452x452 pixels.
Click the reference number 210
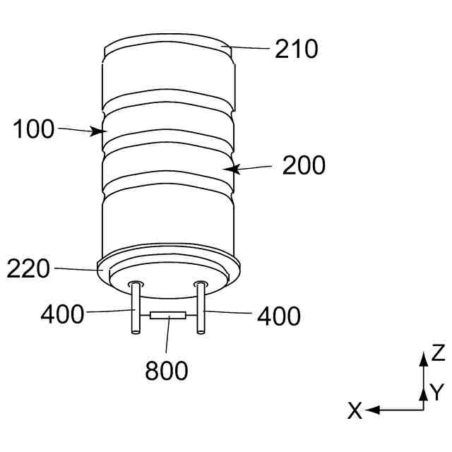(x=297, y=49)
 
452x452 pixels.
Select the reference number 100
(x=34, y=129)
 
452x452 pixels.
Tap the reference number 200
(x=304, y=165)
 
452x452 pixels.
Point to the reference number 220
(x=28, y=268)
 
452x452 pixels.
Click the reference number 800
(x=167, y=370)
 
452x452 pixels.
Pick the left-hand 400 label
(x=62, y=314)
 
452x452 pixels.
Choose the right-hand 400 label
(x=279, y=316)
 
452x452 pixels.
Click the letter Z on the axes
(x=438, y=353)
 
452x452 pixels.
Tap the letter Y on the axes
(x=437, y=392)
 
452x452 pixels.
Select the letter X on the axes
(x=355, y=411)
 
